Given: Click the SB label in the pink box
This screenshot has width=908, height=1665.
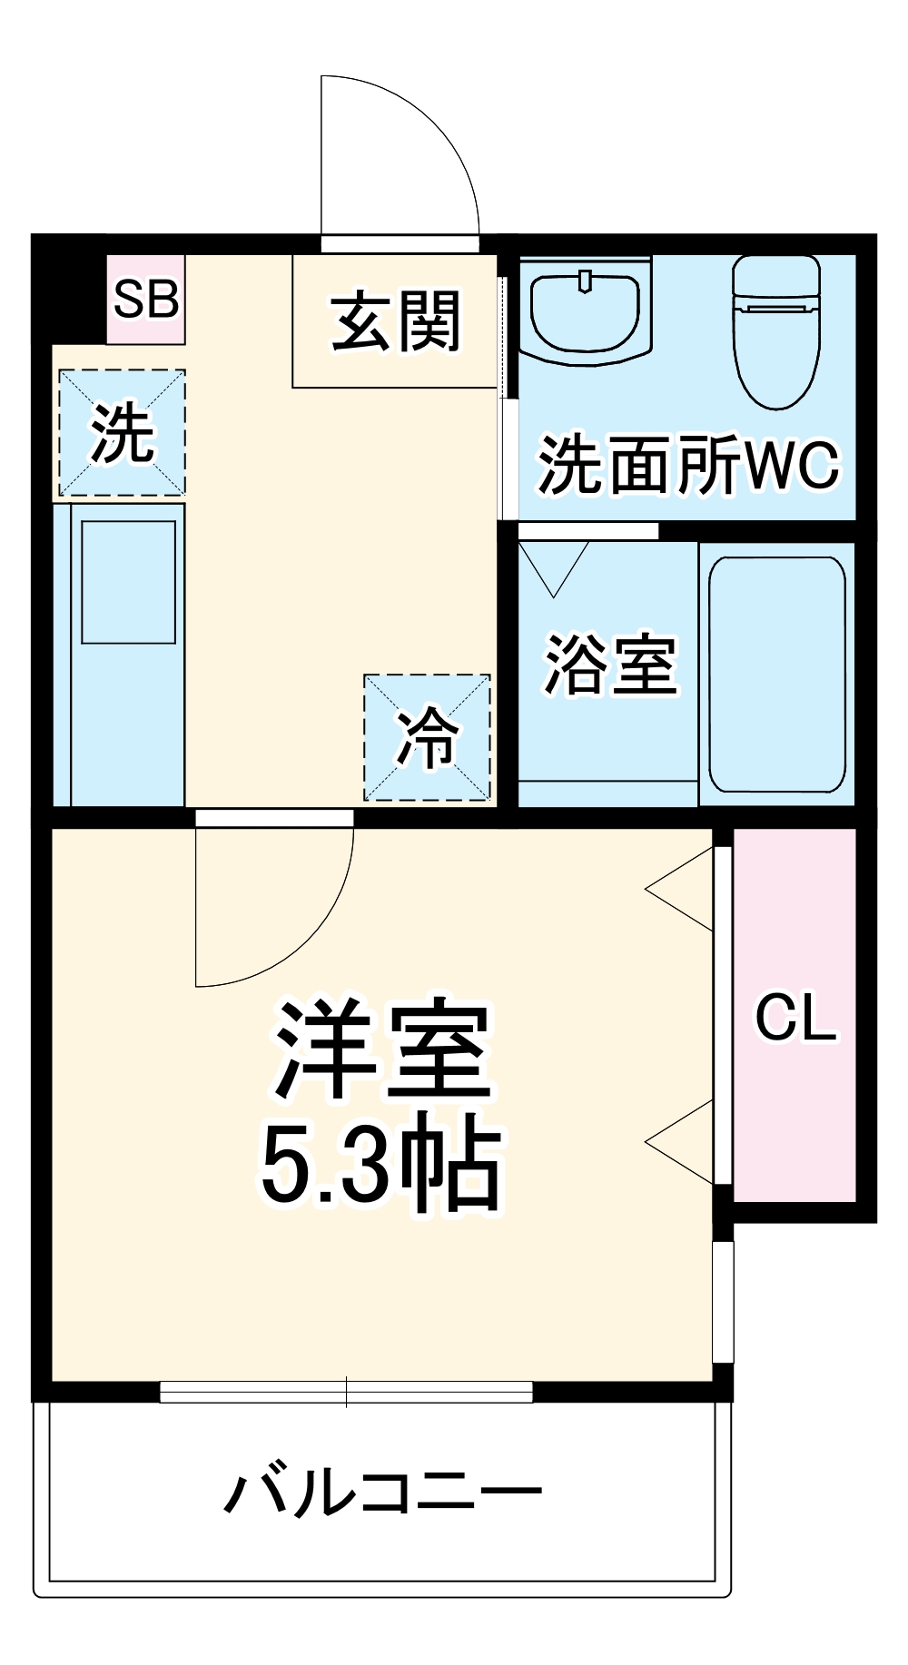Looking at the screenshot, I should tap(145, 299).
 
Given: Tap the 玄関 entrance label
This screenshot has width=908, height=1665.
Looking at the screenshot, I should tap(396, 321).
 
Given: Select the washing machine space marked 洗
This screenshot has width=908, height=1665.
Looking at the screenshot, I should tap(123, 433).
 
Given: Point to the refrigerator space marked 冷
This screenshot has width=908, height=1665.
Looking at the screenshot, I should tap(427, 737).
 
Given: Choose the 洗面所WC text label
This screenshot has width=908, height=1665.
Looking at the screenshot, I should tap(687, 465).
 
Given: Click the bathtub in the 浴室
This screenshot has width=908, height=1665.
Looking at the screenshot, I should tap(776, 675).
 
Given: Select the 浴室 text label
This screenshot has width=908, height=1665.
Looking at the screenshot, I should tap(610, 665).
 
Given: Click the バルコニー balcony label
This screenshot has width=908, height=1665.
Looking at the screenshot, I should tap(382, 1493).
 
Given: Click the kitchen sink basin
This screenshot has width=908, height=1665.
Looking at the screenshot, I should tap(128, 582).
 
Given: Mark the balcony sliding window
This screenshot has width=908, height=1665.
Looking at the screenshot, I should tap(346, 1391).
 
